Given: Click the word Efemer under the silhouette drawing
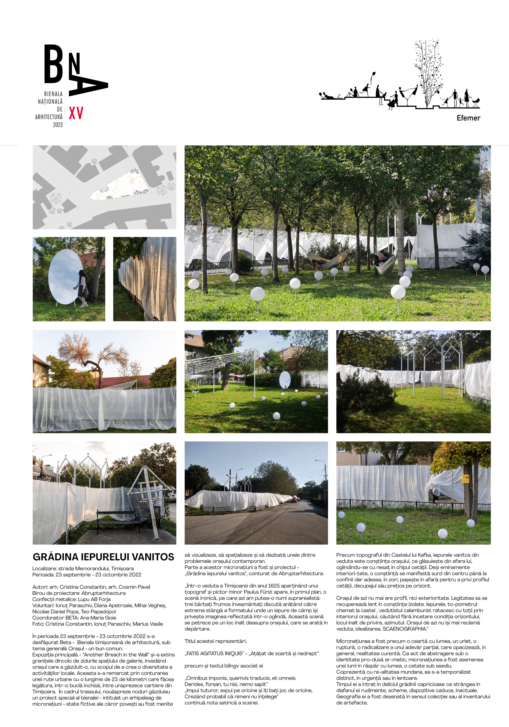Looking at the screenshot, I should (x=468, y=118).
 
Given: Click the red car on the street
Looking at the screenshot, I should (x=294, y=500).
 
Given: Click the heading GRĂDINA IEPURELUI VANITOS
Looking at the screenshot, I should (x=103, y=557).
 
